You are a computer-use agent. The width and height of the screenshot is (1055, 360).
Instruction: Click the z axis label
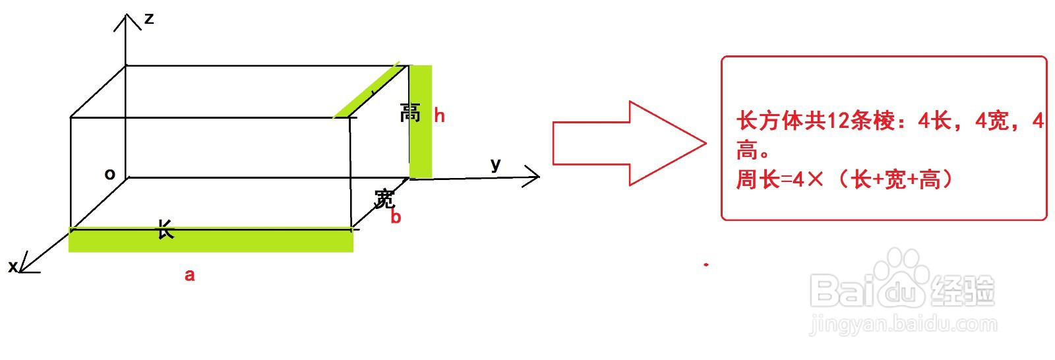tap(149, 18)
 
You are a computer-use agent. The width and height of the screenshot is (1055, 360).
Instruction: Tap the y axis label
tap(496, 164)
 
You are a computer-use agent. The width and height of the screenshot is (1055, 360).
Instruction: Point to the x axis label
tap(12, 266)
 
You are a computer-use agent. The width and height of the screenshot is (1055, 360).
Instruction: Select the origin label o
tap(110, 174)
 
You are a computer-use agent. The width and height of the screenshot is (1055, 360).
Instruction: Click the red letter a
tap(189, 275)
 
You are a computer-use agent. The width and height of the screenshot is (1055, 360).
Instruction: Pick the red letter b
tap(396, 217)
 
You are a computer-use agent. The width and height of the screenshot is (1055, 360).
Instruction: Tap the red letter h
tap(439, 116)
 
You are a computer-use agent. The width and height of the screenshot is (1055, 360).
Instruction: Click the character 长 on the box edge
tap(165, 229)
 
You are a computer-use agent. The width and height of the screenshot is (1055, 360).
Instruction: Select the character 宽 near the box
tap(384, 198)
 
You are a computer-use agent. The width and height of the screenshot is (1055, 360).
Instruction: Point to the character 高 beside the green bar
tap(410, 113)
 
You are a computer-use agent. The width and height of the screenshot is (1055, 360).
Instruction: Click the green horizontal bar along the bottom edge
tap(211, 240)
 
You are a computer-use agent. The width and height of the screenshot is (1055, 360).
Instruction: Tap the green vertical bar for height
tap(421, 122)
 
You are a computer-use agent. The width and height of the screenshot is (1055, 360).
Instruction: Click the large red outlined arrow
tap(626, 143)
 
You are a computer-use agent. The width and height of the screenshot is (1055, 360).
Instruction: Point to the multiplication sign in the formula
tap(815, 179)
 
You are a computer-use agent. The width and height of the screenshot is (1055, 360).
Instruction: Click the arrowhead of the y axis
tap(535, 175)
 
